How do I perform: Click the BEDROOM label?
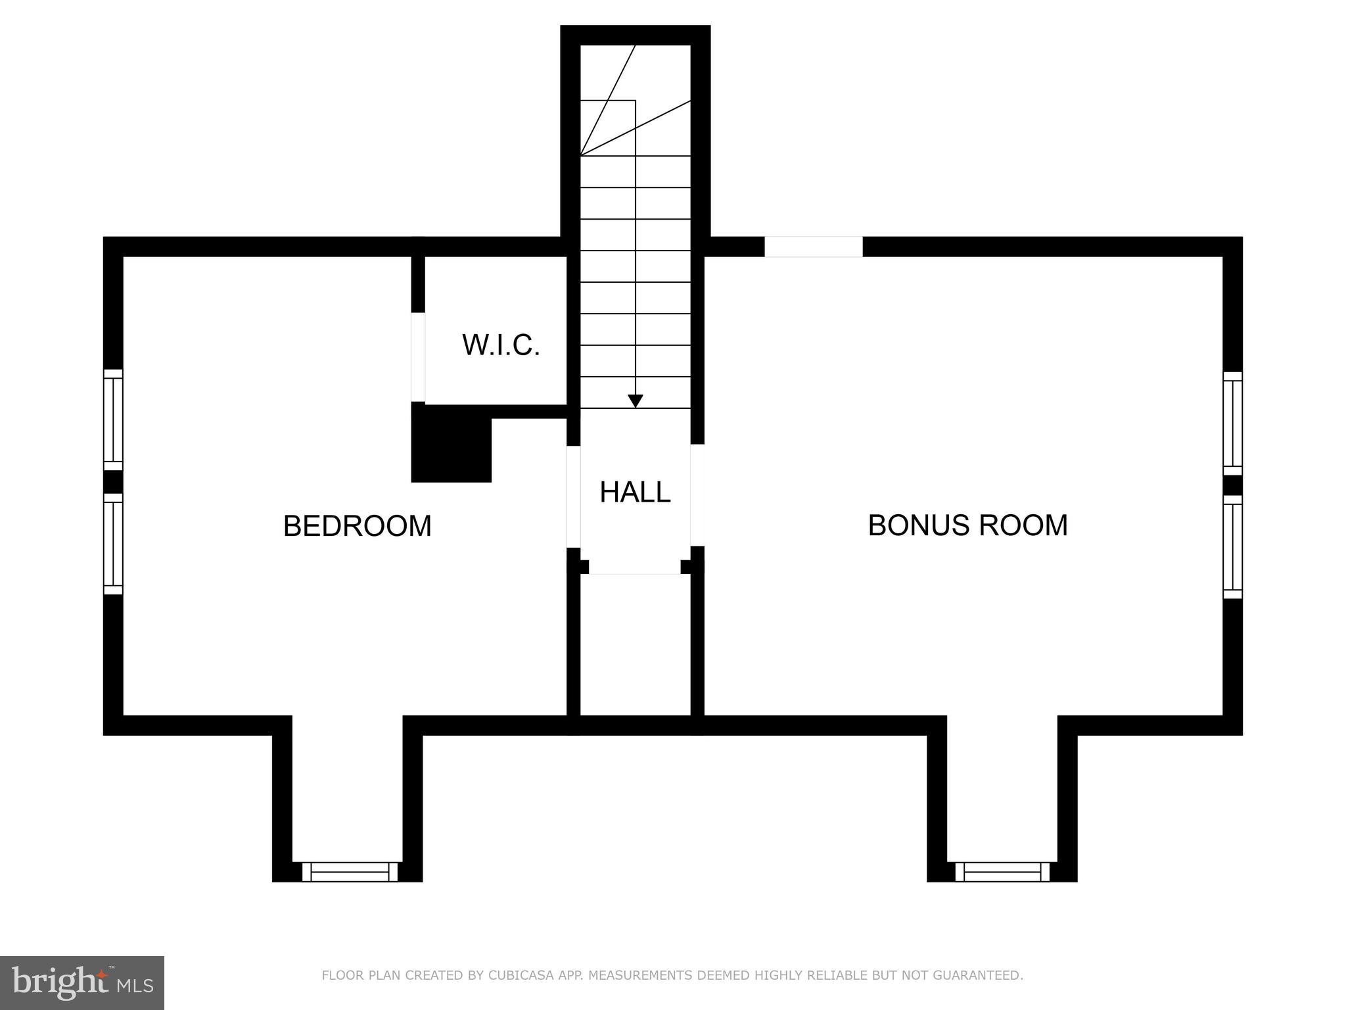pyautogui.click(x=357, y=526)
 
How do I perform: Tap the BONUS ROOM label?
pyautogui.click(x=967, y=525)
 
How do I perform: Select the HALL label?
pyautogui.click(x=635, y=492)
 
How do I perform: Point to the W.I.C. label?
pyautogui.click(x=501, y=345)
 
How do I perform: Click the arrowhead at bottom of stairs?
pyautogui.click(x=635, y=401)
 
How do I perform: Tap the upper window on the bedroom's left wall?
pyautogui.click(x=113, y=420)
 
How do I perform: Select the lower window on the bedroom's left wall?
pyautogui.click(x=113, y=544)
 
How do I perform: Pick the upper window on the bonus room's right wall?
pyautogui.click(x=1232, y=423)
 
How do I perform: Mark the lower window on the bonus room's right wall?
pyautogui.click(x=1232, y=547)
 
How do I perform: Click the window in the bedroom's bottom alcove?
pyautogui.click(x=350, y=872)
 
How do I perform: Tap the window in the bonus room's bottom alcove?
pyautogui.click(x=1002, y=872)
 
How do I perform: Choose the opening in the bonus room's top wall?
pyautogui.click(x=813, y=247)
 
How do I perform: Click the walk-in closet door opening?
pyautogui.click(x=418, y=357)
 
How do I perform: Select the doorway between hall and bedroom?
pyautogui.click(x=574, y=496)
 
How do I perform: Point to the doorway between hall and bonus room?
pyautogui.click(x=697, y=495)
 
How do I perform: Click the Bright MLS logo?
pyautogui.click(x=82, y=982)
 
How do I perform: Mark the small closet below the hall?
pyautogui.click(x=635, y=644)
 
